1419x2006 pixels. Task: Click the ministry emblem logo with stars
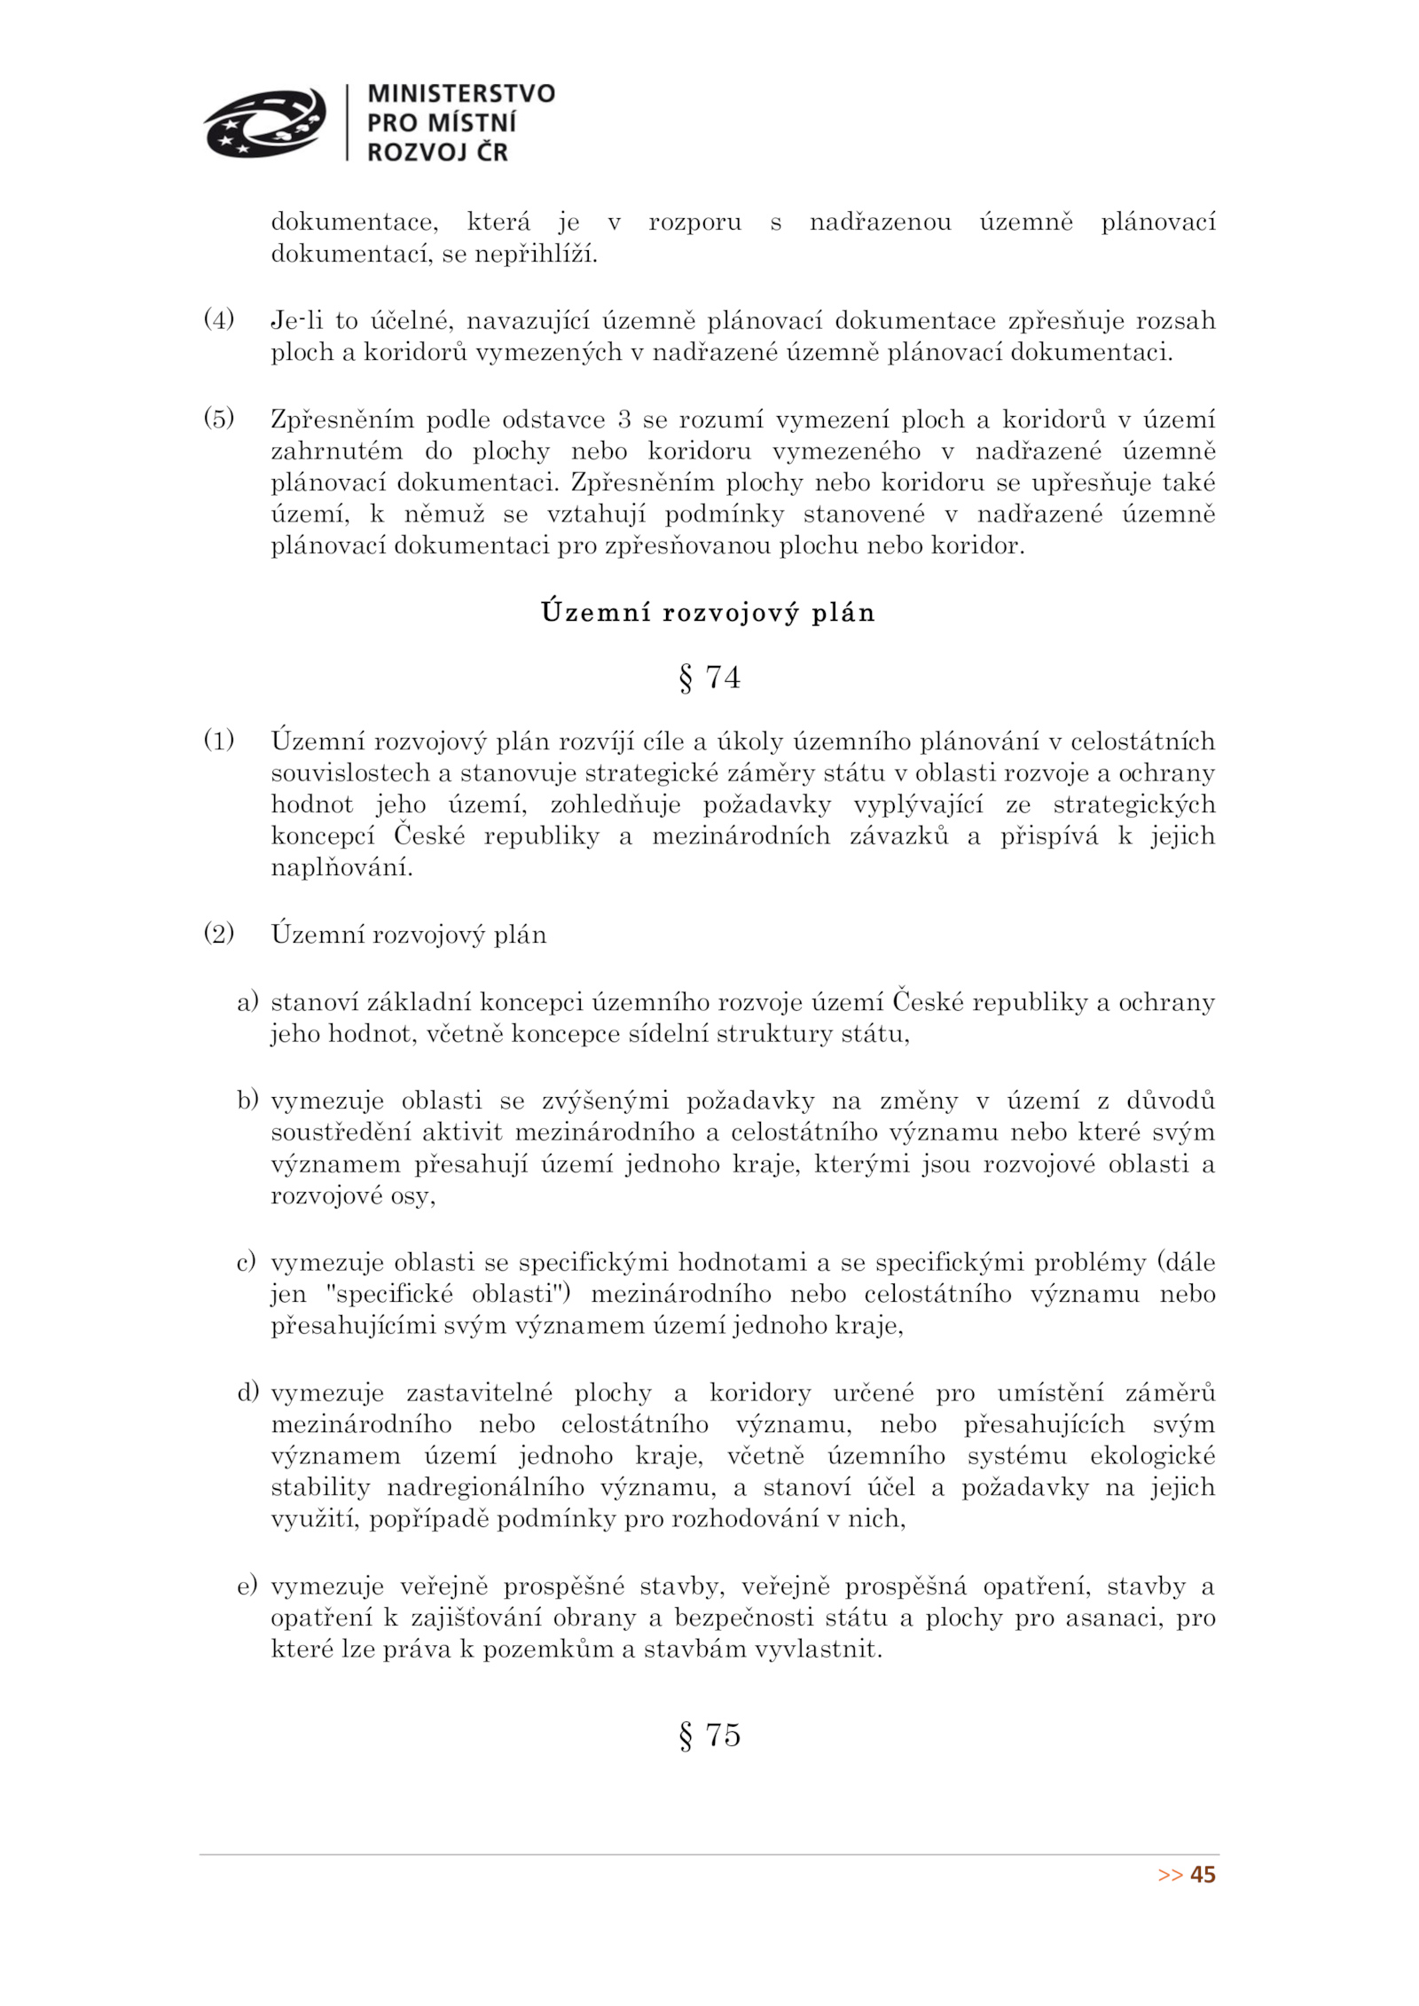point(264,122)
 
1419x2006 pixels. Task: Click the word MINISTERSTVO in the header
point(460,94)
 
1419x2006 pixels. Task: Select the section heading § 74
point(709,678)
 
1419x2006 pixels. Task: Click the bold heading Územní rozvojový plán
point(708,613)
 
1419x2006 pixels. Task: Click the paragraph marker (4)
point(219,319)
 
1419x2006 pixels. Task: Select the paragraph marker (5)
point(219,418)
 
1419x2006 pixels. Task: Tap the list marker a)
point(247,1002)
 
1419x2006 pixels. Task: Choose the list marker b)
point(247,1101)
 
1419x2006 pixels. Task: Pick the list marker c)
point(246,1262)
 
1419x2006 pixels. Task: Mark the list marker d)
point(247,1392)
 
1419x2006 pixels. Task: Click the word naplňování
point(341,867)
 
